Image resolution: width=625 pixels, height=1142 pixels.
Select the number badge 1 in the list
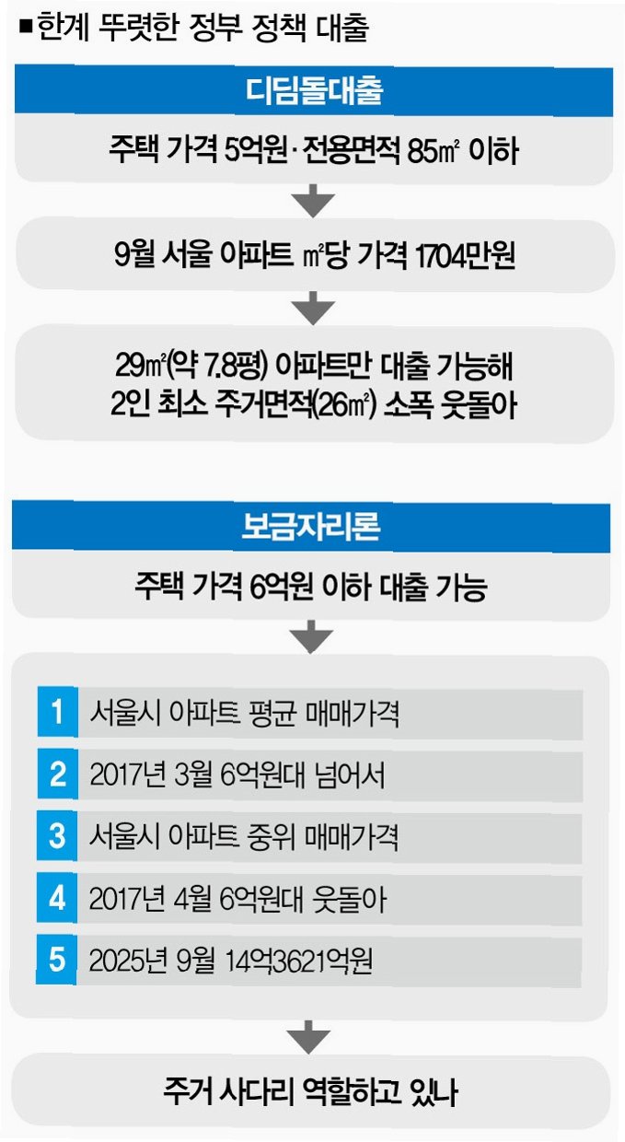point(57,713)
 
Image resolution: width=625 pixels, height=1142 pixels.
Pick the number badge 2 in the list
point(57,775)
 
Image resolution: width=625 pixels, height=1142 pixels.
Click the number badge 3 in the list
point(57,837)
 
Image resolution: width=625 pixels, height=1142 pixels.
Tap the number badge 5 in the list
point(57,961)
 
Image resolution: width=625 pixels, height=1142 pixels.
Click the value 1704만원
point(464,255)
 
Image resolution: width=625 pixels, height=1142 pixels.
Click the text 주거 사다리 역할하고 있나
point(311,1092)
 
